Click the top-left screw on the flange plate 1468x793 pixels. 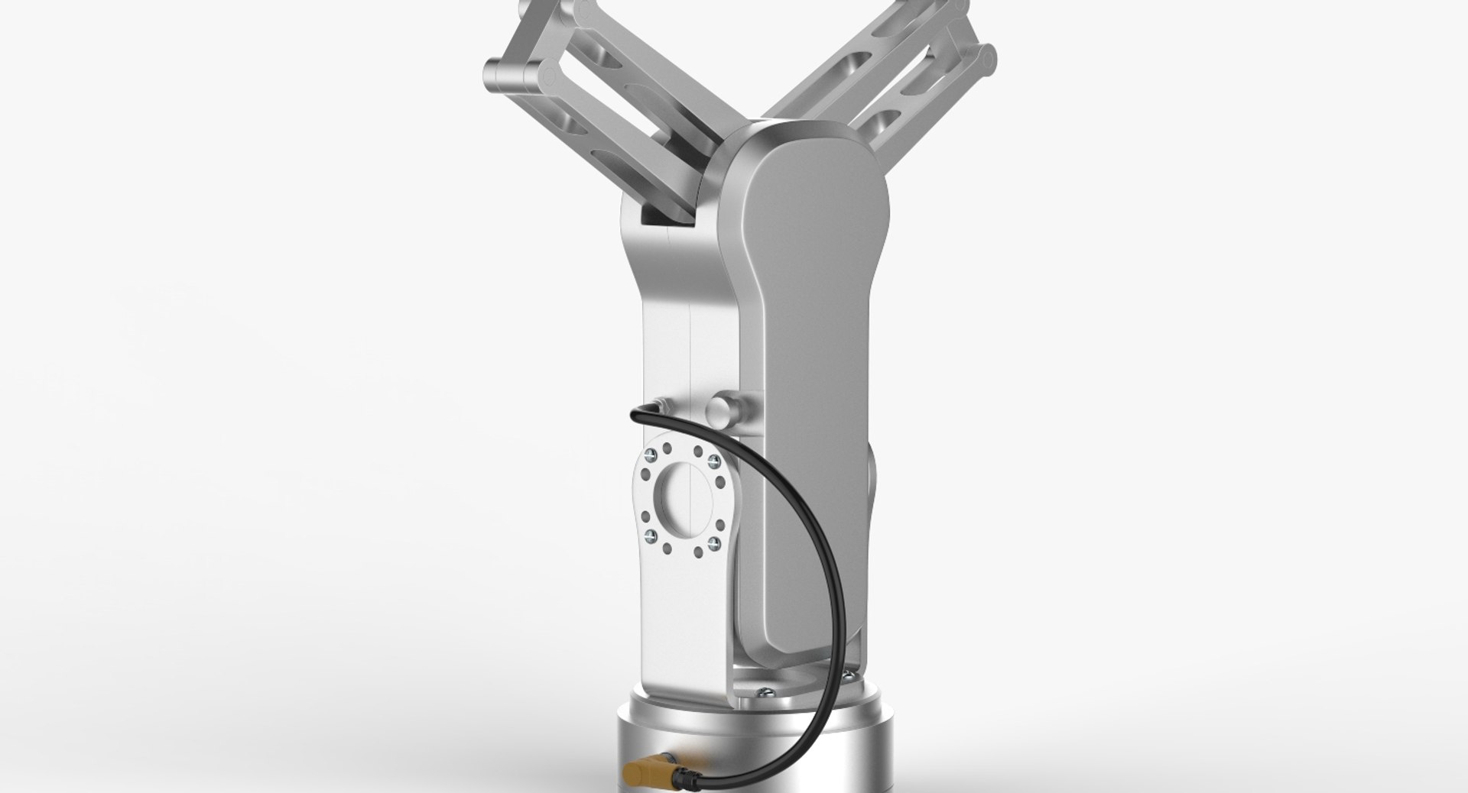click(x=651, y=457)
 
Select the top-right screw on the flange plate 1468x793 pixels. click(x=713, y=459)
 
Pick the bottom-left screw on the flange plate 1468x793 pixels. click(x=651, y=536)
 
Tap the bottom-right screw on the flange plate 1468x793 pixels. click(x=713, y=542)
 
